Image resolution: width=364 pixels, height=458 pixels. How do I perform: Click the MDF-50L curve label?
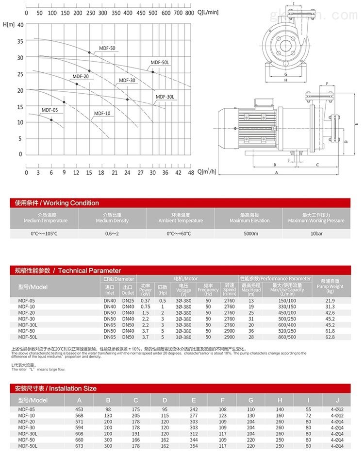click(159, 62)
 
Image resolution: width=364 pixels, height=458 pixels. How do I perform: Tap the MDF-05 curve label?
click(50, 110)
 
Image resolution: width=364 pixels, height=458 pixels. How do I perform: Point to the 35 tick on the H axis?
click(20, 41)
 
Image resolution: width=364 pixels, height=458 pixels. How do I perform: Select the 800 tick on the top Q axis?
click(190, 13)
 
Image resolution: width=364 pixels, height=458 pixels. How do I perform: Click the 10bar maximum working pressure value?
click(316, 234)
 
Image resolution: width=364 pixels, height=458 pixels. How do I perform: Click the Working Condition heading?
click(57, 203)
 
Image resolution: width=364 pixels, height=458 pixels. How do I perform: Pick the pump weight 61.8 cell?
click(331, 331)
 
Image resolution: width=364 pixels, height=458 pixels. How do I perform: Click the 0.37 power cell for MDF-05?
click(146, 301)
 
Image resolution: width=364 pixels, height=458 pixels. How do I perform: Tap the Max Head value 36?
click(251, 331)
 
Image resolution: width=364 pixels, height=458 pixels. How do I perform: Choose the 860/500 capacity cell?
click(287, 337)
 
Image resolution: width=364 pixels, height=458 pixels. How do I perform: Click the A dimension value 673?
click(79, 445)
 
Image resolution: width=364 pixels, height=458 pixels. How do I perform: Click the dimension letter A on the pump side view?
click(276, 172)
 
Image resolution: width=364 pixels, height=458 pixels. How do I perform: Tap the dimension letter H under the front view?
click(286, 80)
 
